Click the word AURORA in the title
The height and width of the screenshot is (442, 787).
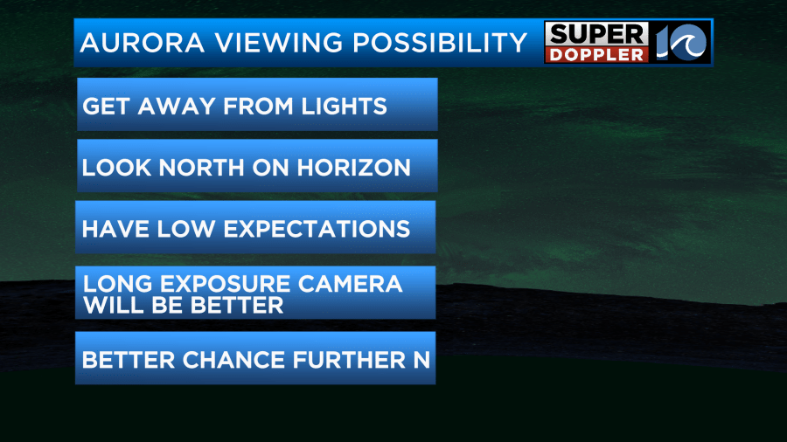coord(142,43)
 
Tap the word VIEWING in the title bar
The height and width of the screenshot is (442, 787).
coord(280,43)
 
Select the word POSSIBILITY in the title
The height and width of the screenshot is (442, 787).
coord(440,43)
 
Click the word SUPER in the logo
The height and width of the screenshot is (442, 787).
coord(596,35)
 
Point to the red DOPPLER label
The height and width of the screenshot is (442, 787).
coord(596,55)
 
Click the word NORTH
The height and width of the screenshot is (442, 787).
coord(202,168)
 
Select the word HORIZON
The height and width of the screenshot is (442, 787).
coord(354,168)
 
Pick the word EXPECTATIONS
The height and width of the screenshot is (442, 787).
coord(317,229)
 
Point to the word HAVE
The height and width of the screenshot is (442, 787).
coord(115,229)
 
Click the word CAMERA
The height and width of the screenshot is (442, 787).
coord(351,284)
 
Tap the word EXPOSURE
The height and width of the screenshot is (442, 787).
coord(226,284)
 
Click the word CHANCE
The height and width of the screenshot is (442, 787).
coord(233,360)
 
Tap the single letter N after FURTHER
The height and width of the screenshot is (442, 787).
coord(421,360)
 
